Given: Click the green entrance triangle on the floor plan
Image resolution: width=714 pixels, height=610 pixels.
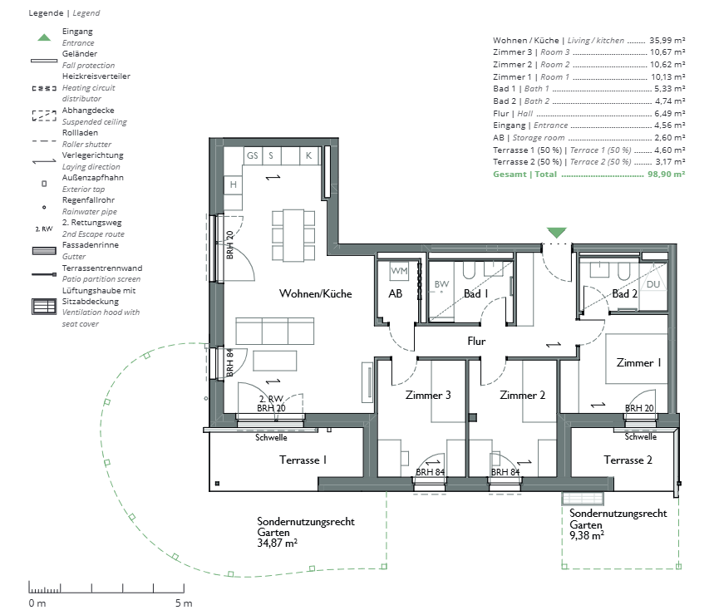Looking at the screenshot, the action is pyautogui.click(x=556, y=233).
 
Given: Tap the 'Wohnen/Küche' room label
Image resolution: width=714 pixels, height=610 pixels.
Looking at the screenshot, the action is pyautogui.click(x=315, y=293).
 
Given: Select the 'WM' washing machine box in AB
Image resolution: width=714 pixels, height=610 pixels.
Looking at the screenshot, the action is pyautogui.click(x=399, y=271).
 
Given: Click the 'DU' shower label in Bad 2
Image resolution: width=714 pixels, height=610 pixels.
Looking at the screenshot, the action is pyautogui.click(x=653, y=284).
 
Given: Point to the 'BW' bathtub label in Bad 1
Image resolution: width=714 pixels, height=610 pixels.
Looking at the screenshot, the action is pyautogui.click(x=441, y=284).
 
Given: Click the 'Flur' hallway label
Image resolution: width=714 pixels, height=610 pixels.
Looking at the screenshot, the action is pyautogui.click(x=476, y=341).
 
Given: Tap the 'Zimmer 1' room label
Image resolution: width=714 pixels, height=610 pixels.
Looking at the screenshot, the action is pyautogui.click(x=638, y=363).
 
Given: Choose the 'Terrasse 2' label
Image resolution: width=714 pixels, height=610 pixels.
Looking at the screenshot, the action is pyautogui.click(x=628, y=460).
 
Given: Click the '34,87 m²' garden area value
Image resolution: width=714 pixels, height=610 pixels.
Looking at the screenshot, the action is pyautogui.click(x=278, y=543).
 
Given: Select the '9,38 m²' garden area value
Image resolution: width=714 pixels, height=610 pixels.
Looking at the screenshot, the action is pyautogui.click(x=587, y=535).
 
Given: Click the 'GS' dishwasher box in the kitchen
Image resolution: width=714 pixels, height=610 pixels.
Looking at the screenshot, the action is pyautogui.click(x=252, y=155).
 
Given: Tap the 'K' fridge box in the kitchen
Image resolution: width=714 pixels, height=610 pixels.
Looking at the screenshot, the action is pyautogui.click(x=308, y=155).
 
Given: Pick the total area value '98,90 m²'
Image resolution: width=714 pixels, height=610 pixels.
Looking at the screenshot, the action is pyautogui.click(x=666, y=174).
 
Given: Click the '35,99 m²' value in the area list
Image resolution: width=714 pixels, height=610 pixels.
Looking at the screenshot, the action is pyautogui.click(x=667, y=40).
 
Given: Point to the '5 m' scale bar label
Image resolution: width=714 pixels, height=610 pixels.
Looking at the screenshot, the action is pyautogui.click(x=184, y=603).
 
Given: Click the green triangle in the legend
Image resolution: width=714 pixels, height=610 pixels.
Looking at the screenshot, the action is pyautogui.click(x=44, y=37).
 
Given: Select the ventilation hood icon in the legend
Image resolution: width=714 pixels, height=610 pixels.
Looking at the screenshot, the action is pyautogui.click(x=44, y=307).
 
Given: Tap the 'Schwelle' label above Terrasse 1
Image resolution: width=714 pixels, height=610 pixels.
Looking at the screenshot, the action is pyautogui.click(x=271, y=437).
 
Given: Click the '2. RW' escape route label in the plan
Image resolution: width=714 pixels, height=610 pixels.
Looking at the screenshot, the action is pyautogui.click(x=271, y=399).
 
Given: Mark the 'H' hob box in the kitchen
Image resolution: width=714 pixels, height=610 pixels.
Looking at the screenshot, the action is pyautogui.click(x=233, y=184).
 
